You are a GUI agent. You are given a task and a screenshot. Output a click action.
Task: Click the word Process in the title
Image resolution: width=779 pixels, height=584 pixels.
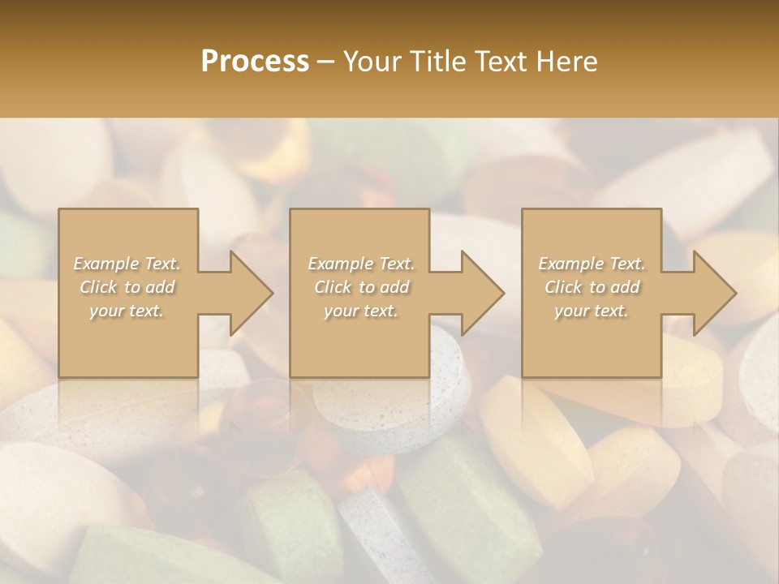pos(255,62)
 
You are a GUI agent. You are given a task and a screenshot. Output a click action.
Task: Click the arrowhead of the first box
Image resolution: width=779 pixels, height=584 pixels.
pos(251,293)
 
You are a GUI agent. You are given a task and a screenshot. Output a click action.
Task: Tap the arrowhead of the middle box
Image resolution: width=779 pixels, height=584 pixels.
pos(482,293)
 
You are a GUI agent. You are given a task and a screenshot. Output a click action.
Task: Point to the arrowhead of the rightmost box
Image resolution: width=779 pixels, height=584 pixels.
pos(714,293)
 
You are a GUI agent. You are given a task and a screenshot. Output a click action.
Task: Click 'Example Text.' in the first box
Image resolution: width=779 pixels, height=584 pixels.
pos(127,264)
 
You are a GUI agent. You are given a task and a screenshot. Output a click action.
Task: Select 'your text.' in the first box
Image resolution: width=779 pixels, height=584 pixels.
pos(127,311)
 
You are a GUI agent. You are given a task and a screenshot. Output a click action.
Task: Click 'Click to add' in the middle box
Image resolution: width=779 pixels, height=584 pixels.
pos(361,287)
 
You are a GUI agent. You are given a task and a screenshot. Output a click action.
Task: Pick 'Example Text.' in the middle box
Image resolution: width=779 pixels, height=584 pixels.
pos(361,264)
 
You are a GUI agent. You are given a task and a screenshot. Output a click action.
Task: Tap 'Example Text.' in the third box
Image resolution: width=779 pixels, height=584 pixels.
pos(592,264)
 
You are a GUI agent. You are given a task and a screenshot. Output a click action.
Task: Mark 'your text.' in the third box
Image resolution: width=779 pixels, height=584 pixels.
pos(592,311)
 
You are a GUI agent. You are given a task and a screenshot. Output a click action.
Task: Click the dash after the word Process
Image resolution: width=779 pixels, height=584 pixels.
pos(325,62)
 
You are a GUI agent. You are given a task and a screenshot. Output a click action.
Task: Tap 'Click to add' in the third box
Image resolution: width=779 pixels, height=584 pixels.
pos(592,287)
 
